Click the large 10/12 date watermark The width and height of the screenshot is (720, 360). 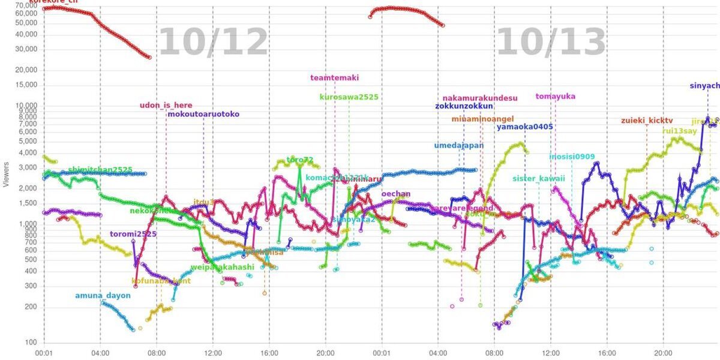click(x=213, y=42)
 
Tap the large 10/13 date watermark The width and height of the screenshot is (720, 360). click(x=551, y=42)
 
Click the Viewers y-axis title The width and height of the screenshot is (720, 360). click(x=6, y=173)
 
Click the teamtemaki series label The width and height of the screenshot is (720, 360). click(x=335, y=78)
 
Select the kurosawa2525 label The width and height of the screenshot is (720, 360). click(x=349, y=97)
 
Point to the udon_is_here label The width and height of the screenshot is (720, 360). click(x=166, y=106)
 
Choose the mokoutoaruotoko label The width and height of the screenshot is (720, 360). click(x=203, y=114)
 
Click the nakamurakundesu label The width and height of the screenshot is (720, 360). click(x=480, y=98)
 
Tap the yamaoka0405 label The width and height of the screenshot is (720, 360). click(x=524, y=127)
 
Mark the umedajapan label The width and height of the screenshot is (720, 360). click(x=459, y=146)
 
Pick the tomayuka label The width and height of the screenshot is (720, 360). click(x=556, y=96)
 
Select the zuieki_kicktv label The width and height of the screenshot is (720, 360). click(x=647, y=121)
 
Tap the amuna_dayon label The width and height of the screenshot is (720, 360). click(x=103, y=296)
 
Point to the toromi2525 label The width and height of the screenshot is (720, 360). click(x=133, y=234)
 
